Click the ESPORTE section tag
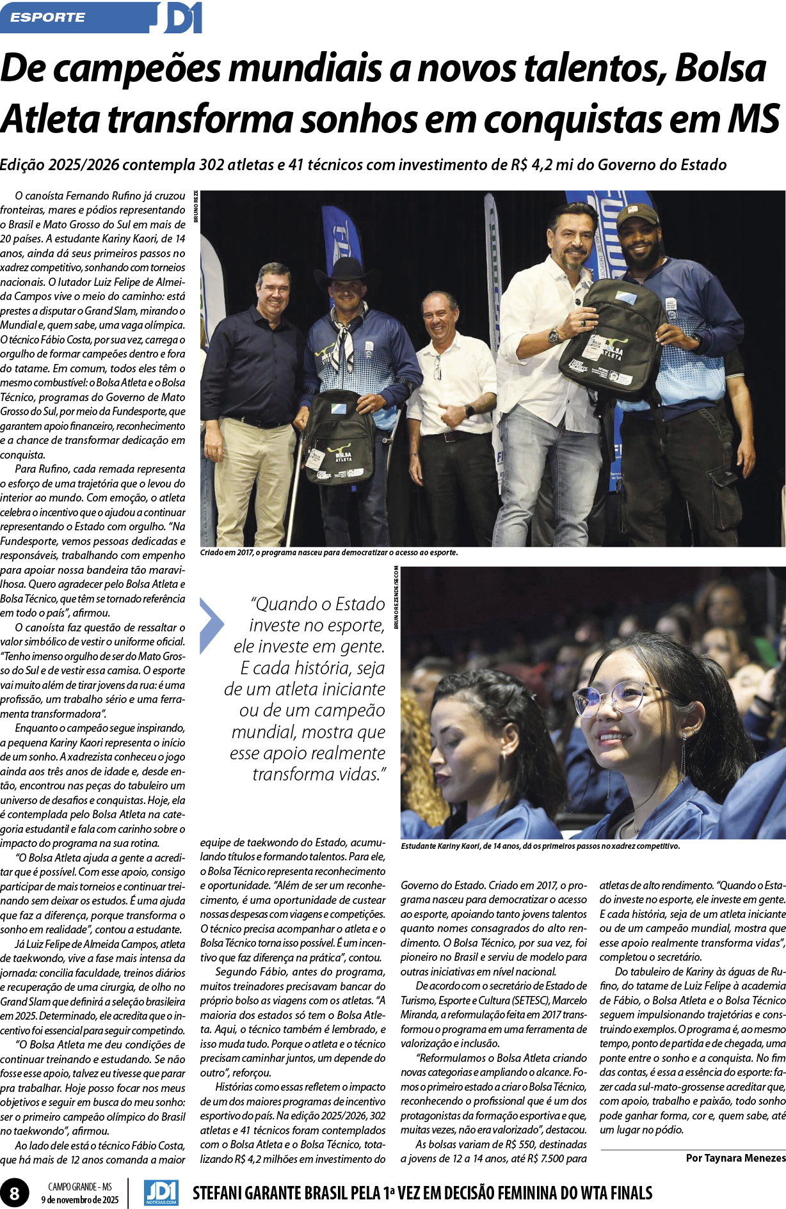click(x=48, y=17)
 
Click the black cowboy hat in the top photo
click(x=346, y=271)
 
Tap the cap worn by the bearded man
click(x=636, y=214)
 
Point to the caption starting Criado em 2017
click(x=329, y=552)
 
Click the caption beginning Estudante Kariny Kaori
click(x=540, y=846)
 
